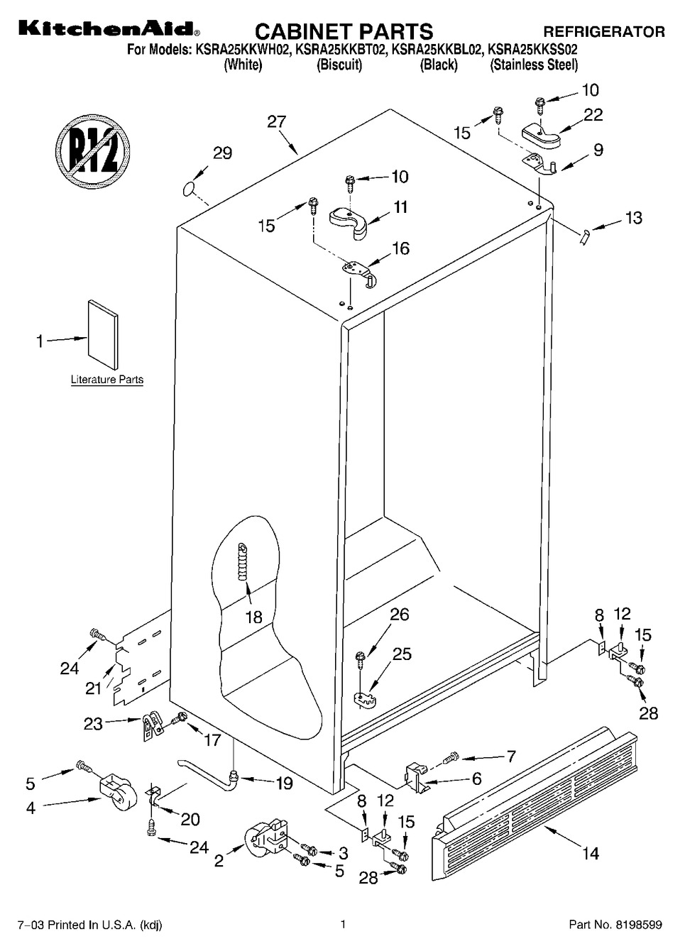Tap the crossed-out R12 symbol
point(93,152)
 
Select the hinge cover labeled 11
point(349,220)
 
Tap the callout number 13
point(633,218)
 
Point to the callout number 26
point(399,614)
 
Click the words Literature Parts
point(107,379)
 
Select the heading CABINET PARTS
point(344,31)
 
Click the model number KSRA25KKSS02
point(532,50)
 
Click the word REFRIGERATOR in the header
point(603,32)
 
